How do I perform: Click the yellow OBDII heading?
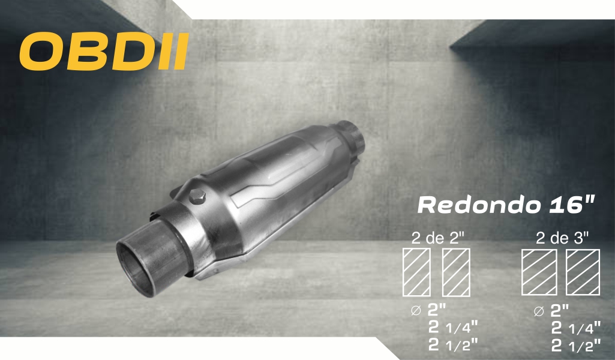pyautogui.click(x=104, y=52)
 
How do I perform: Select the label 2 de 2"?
pyautogui.click(x=438, y=238)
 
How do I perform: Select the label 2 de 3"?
pyautogui.click(x=562, y=238)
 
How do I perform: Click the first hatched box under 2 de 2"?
pyautogui.click(x=417, y=272)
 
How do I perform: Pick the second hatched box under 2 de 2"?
pyautogui.click(x=456, y=272)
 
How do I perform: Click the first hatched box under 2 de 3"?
pyautogui.click(x=539, y=272)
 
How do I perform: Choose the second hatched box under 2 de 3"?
pyautogui.click(x=583, y=272)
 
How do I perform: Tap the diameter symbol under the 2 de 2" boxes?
pyautogui.click(x=416, y=311)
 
